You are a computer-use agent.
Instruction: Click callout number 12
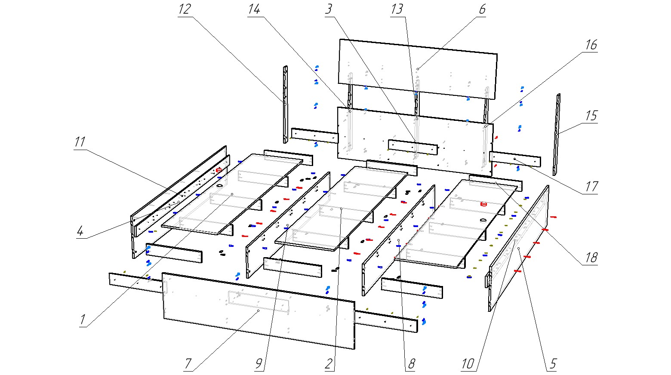tap(185, 9)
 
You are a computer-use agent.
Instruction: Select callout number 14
tap(254, 9)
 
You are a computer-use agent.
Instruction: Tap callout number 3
tap(329, 9)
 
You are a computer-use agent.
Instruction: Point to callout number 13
tap(397, 9)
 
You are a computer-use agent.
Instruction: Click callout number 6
tap(481, 9)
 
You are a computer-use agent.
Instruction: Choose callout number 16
tap(591, 45)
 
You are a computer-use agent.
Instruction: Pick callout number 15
tap(591, 116)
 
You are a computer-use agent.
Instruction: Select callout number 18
tap(591, 258)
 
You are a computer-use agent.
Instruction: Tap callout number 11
tap(80, 142)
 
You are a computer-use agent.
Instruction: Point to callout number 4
tap(80, 231)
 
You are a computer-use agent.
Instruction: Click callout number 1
tap(82, 320)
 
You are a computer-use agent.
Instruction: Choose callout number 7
tap(188, 364)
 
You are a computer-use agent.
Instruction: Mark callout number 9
tap(259, 364)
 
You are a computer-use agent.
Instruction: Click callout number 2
tap(329, 364)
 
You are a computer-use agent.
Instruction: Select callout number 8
tap(411, 364)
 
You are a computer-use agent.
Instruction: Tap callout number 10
tap(468, 364)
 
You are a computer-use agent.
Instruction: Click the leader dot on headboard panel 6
tap(418, 69)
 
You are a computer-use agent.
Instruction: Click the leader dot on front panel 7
tap(258, 310)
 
